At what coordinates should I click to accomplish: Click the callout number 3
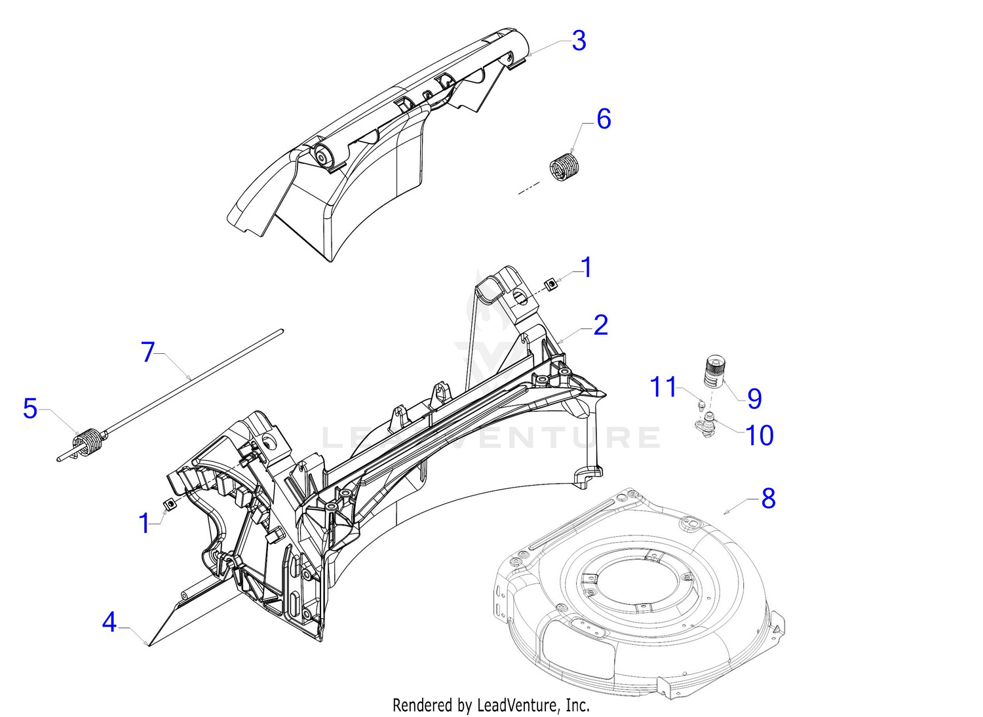[578, 41]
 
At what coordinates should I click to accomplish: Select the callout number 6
[604, 119]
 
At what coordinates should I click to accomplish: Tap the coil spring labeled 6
[562, 168]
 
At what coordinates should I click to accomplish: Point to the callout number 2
[600, 326]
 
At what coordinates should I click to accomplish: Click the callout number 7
[149, 353]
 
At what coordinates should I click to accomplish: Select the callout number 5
[30, 409]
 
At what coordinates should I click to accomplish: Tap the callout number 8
[768, 499]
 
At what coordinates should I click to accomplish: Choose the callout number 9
[754, 398]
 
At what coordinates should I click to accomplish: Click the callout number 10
[760, 435]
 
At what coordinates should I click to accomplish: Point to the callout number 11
[663, 387]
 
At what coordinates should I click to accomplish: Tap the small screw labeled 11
[701, 404]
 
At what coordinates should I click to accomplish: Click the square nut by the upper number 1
[552, 284]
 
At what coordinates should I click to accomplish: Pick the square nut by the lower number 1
[170, 503]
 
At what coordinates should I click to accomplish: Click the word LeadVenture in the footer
[518, 705]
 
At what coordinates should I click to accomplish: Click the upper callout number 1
[587, 268]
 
